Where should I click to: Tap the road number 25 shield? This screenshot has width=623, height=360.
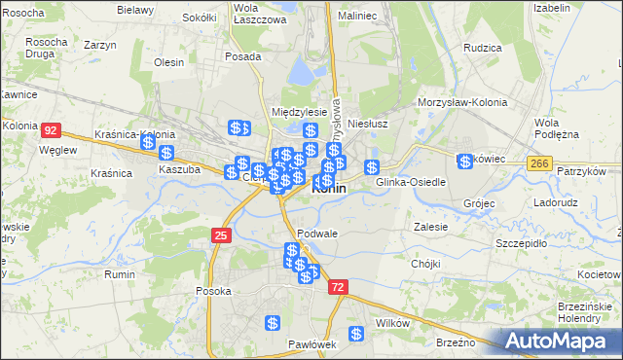222,235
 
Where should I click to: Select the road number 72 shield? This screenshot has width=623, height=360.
337,287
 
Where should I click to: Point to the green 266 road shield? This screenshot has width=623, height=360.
539,165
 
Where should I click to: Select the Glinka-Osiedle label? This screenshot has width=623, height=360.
411,182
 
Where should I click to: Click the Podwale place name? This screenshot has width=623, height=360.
318,234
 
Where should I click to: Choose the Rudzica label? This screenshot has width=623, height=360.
482,47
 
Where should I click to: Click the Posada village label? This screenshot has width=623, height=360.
242,56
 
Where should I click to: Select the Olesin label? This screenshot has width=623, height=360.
169,62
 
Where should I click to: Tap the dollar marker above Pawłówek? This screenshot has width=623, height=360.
274,323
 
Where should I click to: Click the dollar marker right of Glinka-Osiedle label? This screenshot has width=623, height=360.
466,161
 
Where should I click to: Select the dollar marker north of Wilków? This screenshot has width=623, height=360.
357,334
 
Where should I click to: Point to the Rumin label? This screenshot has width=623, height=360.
121,275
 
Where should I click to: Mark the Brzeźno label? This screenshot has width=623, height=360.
456,342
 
